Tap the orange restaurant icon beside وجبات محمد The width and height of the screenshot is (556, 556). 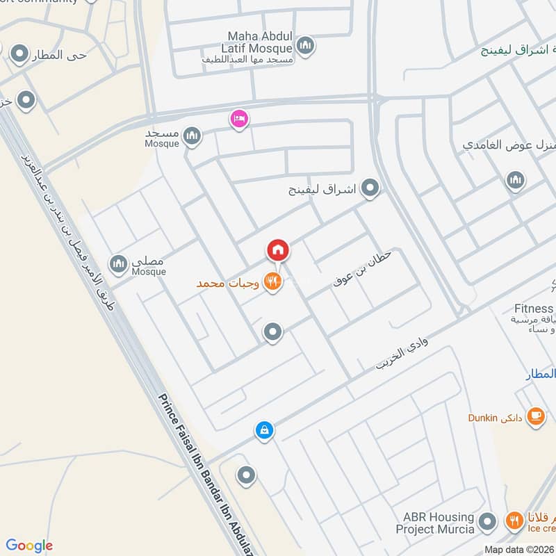[x=273, y=282]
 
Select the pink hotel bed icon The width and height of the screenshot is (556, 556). [x=239, y=120]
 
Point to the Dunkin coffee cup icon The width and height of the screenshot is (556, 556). [x=535, y=416]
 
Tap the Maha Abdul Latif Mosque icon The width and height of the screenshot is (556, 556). [x=305, y=47]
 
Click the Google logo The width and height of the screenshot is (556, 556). [x=29, y=546]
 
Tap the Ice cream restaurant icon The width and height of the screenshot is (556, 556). [x=514, y=520]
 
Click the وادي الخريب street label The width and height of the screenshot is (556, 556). [x=403, y=349]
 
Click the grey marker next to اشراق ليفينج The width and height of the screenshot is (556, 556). [x=371, y=188]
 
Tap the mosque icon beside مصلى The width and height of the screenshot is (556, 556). [x=119, y=263]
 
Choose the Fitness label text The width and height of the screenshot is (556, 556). [x=534, y=309]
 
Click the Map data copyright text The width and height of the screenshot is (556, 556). [x=519, y=549]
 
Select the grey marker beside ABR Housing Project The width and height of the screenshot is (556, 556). [x=489, y=521]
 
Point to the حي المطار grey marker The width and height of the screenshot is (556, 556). [x=19, y=54]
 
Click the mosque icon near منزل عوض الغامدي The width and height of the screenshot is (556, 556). [x=515, y=181]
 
